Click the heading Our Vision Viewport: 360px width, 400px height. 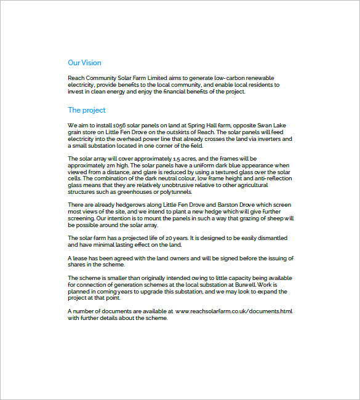click(x=84, y=63)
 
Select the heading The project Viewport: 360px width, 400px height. click(x=86, y=110)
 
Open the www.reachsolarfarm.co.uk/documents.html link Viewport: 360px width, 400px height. click(x=234, y=311)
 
